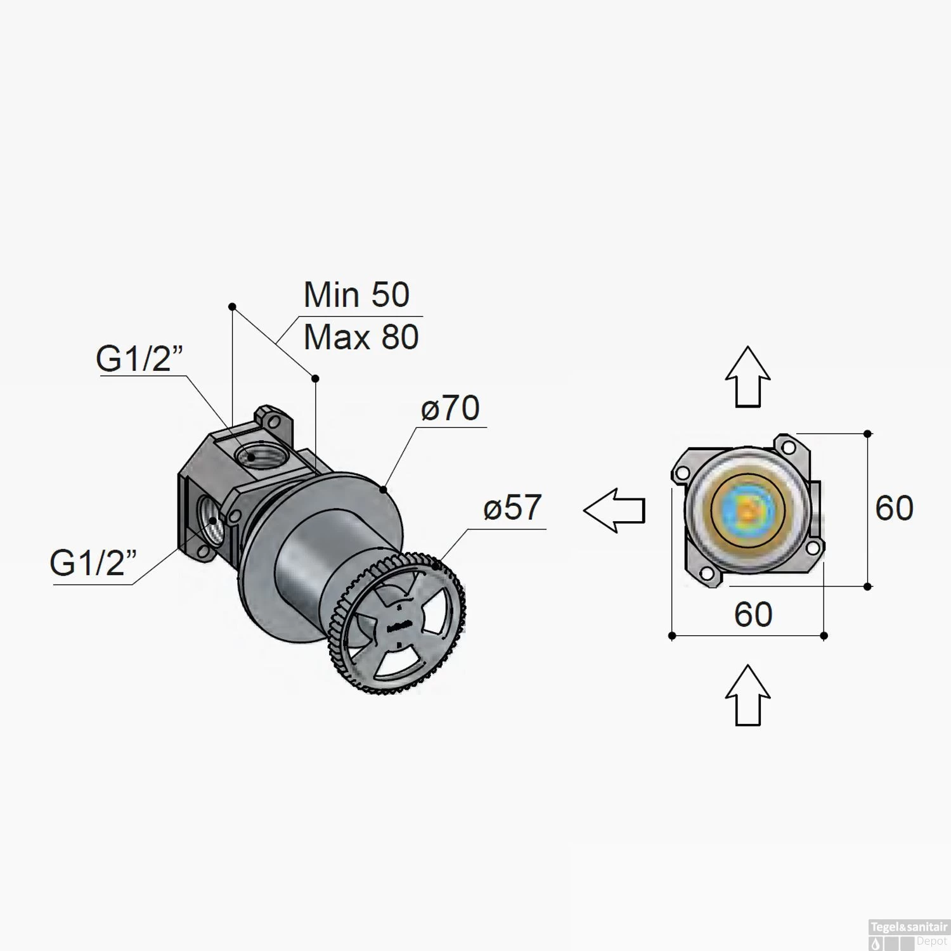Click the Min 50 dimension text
(x=356, y=295)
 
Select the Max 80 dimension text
(x=361, y=337)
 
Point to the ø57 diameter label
(x=512, y=508)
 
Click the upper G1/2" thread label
(x=139, y=358)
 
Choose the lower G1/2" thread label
(x=93, y=562)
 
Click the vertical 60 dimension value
(x=894, y=508)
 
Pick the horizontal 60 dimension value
(x=753, y=614)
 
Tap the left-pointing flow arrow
(x=614, y=510)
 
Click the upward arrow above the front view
(x=748, y=377)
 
